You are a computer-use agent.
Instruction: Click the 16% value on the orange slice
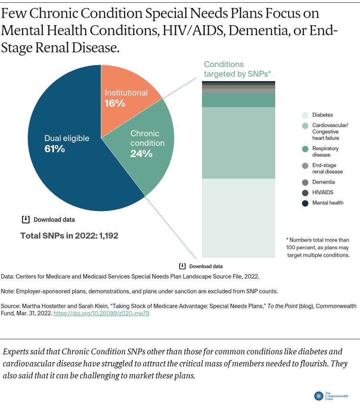115,103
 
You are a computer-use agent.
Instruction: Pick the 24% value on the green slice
141,153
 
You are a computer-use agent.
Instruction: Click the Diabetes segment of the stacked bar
238,218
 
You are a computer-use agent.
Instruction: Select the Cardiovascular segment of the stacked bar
238,143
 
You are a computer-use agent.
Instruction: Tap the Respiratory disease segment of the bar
238,100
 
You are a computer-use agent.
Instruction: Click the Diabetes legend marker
305,115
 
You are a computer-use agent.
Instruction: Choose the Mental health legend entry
328,203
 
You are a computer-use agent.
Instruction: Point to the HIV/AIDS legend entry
322,192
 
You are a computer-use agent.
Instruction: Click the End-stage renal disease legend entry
327,168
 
